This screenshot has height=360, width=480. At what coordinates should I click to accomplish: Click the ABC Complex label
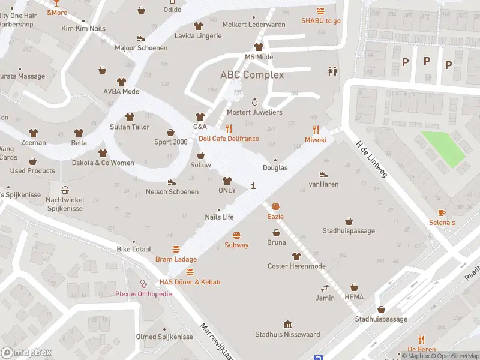point(252,75)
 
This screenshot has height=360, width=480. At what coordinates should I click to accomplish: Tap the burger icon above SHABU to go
point(320,11)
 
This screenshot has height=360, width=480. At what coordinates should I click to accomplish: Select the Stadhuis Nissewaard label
point(287,334)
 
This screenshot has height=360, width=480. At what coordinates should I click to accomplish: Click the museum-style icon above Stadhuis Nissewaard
point(287,324)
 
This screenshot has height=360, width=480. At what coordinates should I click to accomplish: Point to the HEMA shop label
point(354,297)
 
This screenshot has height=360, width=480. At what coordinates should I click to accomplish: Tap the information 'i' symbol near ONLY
point(254,185)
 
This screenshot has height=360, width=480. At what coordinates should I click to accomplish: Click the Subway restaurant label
point(236,245)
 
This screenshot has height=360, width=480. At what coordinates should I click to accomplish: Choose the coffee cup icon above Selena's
point(442,212)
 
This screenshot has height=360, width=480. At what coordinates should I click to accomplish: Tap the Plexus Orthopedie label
point(143,294)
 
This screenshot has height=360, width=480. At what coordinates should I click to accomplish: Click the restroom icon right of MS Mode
point(332,71)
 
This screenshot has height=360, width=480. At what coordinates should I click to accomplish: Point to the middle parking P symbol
point(427,61)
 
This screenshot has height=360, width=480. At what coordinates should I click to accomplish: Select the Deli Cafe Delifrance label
point(229,139)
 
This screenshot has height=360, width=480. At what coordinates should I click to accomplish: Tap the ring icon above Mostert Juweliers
point(254,102)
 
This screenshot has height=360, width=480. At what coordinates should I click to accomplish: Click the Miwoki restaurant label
point(316,139)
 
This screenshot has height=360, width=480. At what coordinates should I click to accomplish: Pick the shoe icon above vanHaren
point(323,174)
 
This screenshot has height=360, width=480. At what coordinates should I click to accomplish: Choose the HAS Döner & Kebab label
point(190,282)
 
